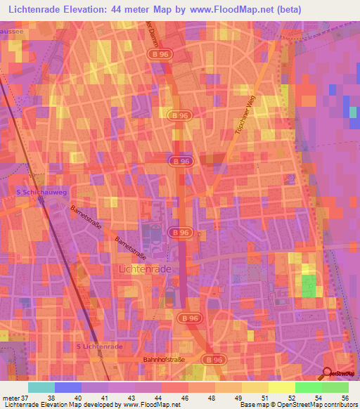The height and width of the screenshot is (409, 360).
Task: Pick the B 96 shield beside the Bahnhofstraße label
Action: pyautogui.click(x=212, y=359)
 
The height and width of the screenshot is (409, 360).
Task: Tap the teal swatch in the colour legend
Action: pyautogui.click(x=41, y=387)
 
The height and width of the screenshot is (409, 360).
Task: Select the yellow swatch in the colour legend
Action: pyautogui.click(x=281, y=387)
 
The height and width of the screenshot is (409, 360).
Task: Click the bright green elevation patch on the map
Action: pyautogui.click(x=309, y=287)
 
